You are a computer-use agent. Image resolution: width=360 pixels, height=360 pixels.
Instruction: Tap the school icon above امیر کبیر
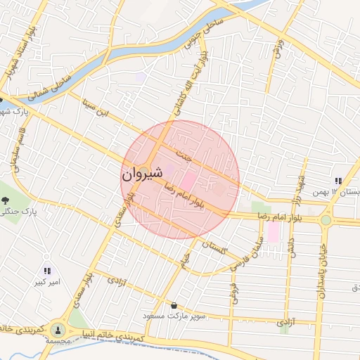pos(47,270)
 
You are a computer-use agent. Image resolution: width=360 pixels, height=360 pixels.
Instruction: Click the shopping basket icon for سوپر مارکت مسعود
pos(174,305)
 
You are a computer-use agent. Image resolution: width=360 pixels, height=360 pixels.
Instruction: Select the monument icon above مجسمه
pos(58,328)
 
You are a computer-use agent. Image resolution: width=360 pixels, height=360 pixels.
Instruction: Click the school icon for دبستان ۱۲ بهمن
pos(338,180)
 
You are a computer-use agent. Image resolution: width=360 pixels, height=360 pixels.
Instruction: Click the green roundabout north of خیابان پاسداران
pos(326,220)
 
